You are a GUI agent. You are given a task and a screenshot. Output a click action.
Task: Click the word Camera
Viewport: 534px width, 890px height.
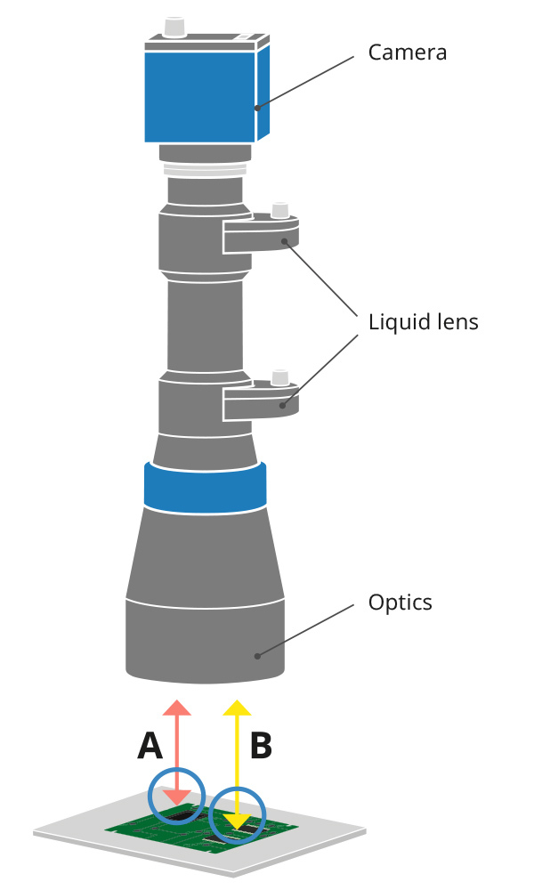pyautogui.click(x=407, y=53)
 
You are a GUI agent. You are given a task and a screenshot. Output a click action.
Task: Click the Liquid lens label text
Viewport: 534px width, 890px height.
pyautogui.click(x=423, y=321)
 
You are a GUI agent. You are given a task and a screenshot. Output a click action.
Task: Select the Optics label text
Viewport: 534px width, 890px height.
pyautogui.click(x=400, y=603)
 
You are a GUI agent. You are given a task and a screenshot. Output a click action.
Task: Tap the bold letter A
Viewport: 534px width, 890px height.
pyautogui.click(x=150, y=747)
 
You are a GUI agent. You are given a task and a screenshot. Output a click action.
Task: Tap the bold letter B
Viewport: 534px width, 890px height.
pyautogui.click(x=260, y=747)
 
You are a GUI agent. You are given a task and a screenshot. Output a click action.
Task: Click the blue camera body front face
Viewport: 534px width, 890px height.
pyautogui.click(x=200, y=96)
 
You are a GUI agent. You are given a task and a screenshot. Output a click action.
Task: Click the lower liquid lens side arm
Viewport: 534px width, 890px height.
pyautogui.click(x=261, y=404)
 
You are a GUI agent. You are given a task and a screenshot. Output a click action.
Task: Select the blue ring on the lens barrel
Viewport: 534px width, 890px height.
pyautogui.click(x=205, y=488)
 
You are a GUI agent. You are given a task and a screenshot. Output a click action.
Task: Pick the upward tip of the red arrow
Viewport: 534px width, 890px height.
pyautogui.click(x=177, y=705)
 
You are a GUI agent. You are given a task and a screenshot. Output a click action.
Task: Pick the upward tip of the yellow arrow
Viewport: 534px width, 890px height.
pyautogui.click(x=236, y=705)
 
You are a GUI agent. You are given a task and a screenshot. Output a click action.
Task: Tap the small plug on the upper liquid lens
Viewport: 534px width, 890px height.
pyautogui.click(x=280, y=210)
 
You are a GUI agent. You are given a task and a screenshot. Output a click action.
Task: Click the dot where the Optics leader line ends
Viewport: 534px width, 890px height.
pyautogui.click(x=257, y=656)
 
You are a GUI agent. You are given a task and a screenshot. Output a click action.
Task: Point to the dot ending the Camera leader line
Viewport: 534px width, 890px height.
pyautogui.click(x=257, y=108)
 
